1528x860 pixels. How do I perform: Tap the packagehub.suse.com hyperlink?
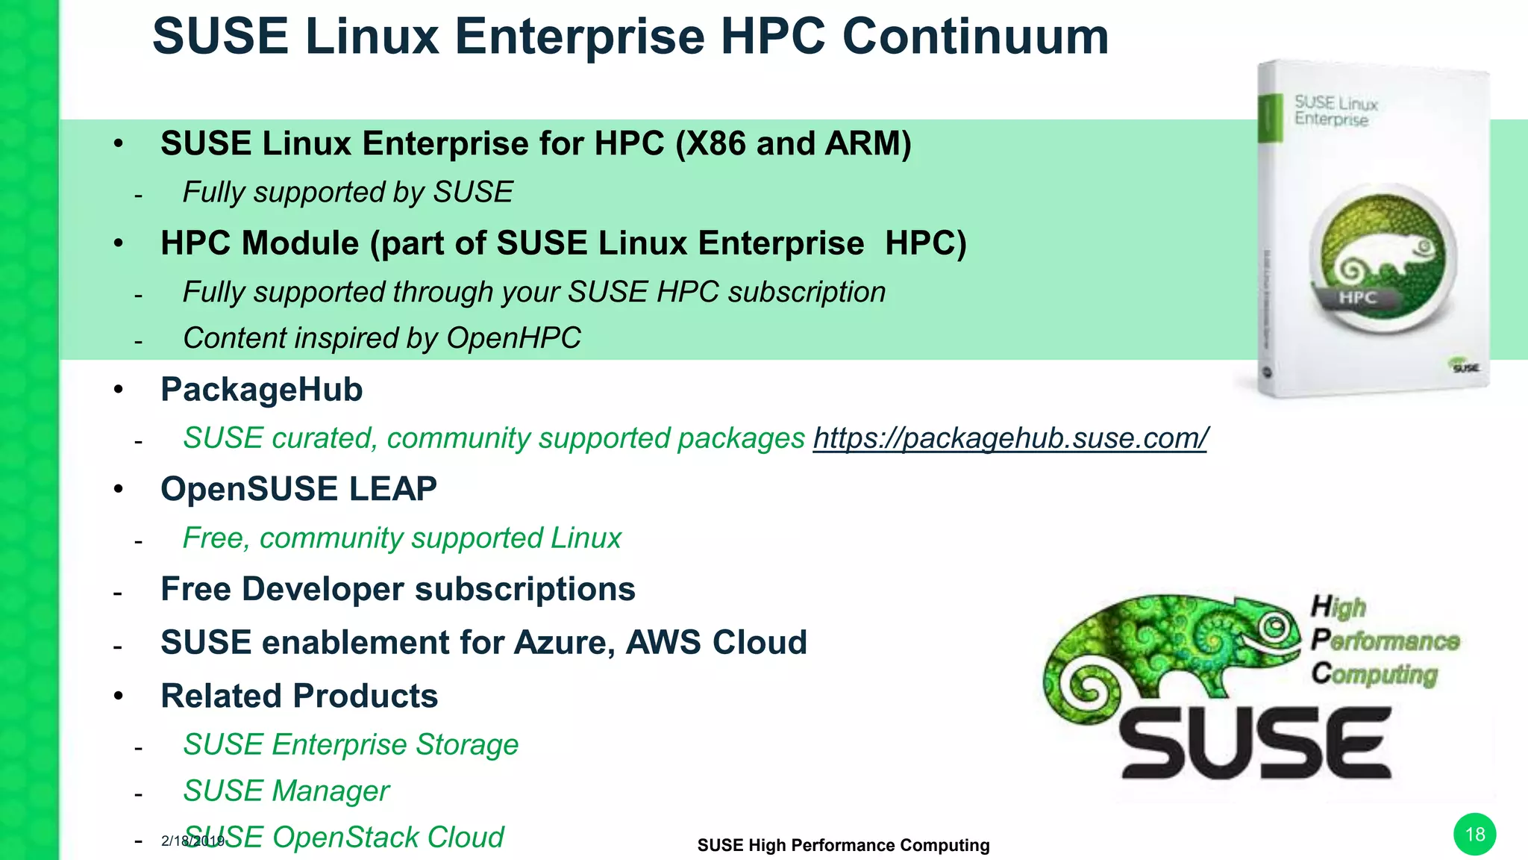[1010, 438]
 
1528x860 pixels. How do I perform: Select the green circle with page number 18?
[1474, 834]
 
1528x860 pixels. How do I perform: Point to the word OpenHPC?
[513, 338]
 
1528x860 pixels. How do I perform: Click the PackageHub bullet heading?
[261, 390]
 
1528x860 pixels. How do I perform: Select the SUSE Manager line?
[286, 791]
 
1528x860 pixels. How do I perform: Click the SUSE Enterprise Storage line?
[351, 744]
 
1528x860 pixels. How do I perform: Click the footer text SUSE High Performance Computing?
[843, 845]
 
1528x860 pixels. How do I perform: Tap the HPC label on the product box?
[1357, 298]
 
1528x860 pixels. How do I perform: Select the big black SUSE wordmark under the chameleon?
[1256, 744]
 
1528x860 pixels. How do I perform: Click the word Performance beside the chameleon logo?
[1385, 641]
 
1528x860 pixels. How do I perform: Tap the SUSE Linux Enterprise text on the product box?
[1335, 110]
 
